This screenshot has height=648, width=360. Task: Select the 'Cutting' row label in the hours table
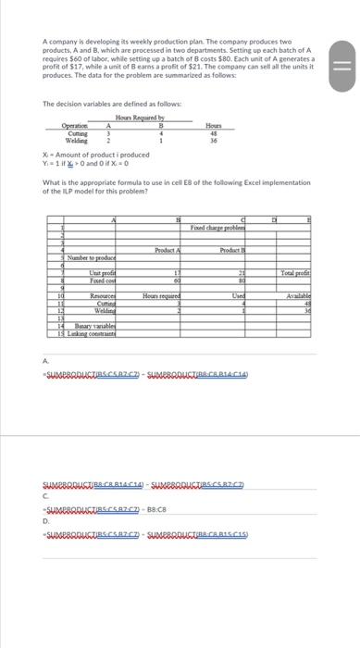pyautogui.click(x=74, y=133)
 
